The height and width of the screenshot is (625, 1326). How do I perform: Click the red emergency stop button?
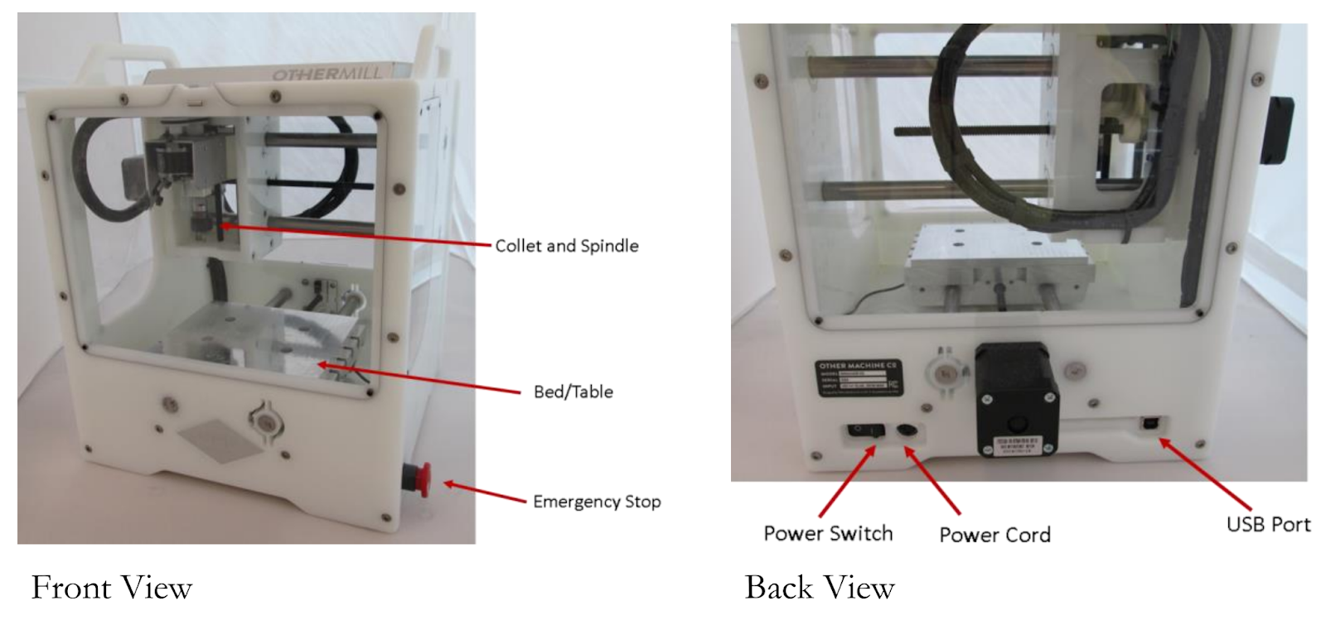click(x=418, y=479)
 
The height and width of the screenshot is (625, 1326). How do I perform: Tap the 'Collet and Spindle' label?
click(x=567, y=246)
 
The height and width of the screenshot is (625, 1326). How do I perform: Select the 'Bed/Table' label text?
click(x=573, y=392)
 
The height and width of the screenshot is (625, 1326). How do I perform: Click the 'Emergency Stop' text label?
click(x=596, y=502)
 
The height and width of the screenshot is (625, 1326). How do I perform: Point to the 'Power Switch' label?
click(x=828, y=533)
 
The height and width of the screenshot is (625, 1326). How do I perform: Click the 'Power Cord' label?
click(x=994, y=535)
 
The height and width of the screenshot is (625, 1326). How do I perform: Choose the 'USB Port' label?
click(x=1268, y=524)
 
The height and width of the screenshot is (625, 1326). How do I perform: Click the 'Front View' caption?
click(x=112, y=588)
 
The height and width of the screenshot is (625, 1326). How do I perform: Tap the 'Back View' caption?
click(x=820, y=588)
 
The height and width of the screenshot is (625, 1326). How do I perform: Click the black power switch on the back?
click(x=863, y=431)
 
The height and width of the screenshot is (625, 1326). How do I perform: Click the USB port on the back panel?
click(x=1150, y=424)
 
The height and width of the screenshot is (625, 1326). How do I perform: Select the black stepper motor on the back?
click(x=1017, y=397)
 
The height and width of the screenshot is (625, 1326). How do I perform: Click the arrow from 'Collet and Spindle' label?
click(x=356, y=234)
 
